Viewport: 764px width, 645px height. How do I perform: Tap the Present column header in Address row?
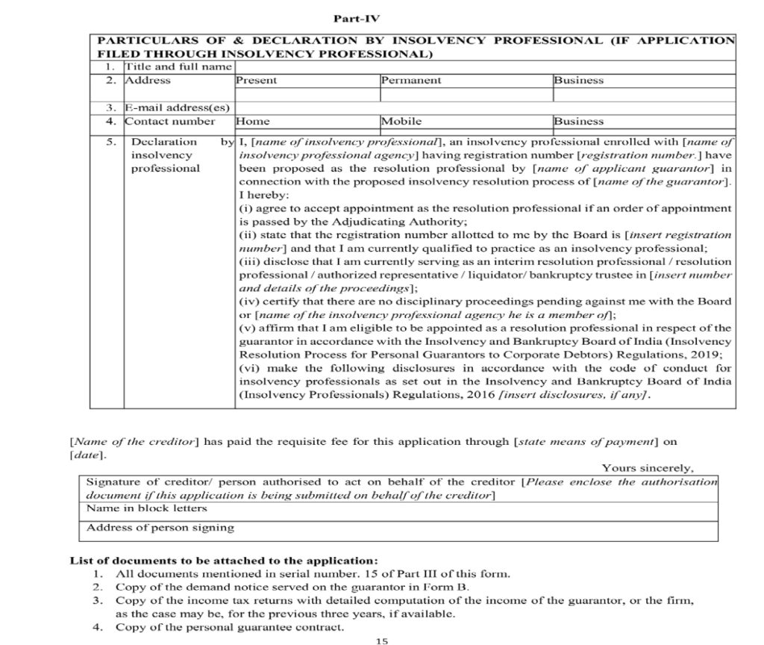(256, 81)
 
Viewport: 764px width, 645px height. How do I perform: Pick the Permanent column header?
(411, 81)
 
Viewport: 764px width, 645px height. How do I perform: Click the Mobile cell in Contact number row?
(401, 121)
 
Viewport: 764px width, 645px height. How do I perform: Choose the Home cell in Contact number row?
(253, 121)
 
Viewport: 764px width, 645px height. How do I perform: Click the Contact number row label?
(169, 121)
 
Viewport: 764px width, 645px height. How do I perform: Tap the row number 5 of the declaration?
(110, 142)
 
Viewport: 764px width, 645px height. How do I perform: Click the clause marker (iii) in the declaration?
(250, 262)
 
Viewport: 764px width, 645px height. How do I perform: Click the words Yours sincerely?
(647, 469)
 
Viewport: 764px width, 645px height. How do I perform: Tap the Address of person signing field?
(160, 528)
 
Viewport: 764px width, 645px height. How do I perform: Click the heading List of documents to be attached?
(224, 561)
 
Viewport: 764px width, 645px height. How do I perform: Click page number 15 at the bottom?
(383, 640)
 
